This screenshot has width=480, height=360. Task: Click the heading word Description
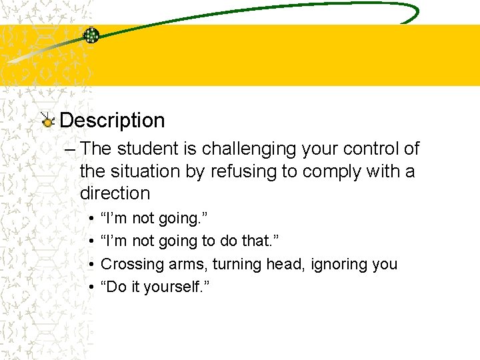point(112,121)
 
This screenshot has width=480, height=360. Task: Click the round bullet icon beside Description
point(47,121)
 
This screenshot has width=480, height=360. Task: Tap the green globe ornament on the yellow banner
point(91,36)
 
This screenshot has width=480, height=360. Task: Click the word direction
point(115,193)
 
